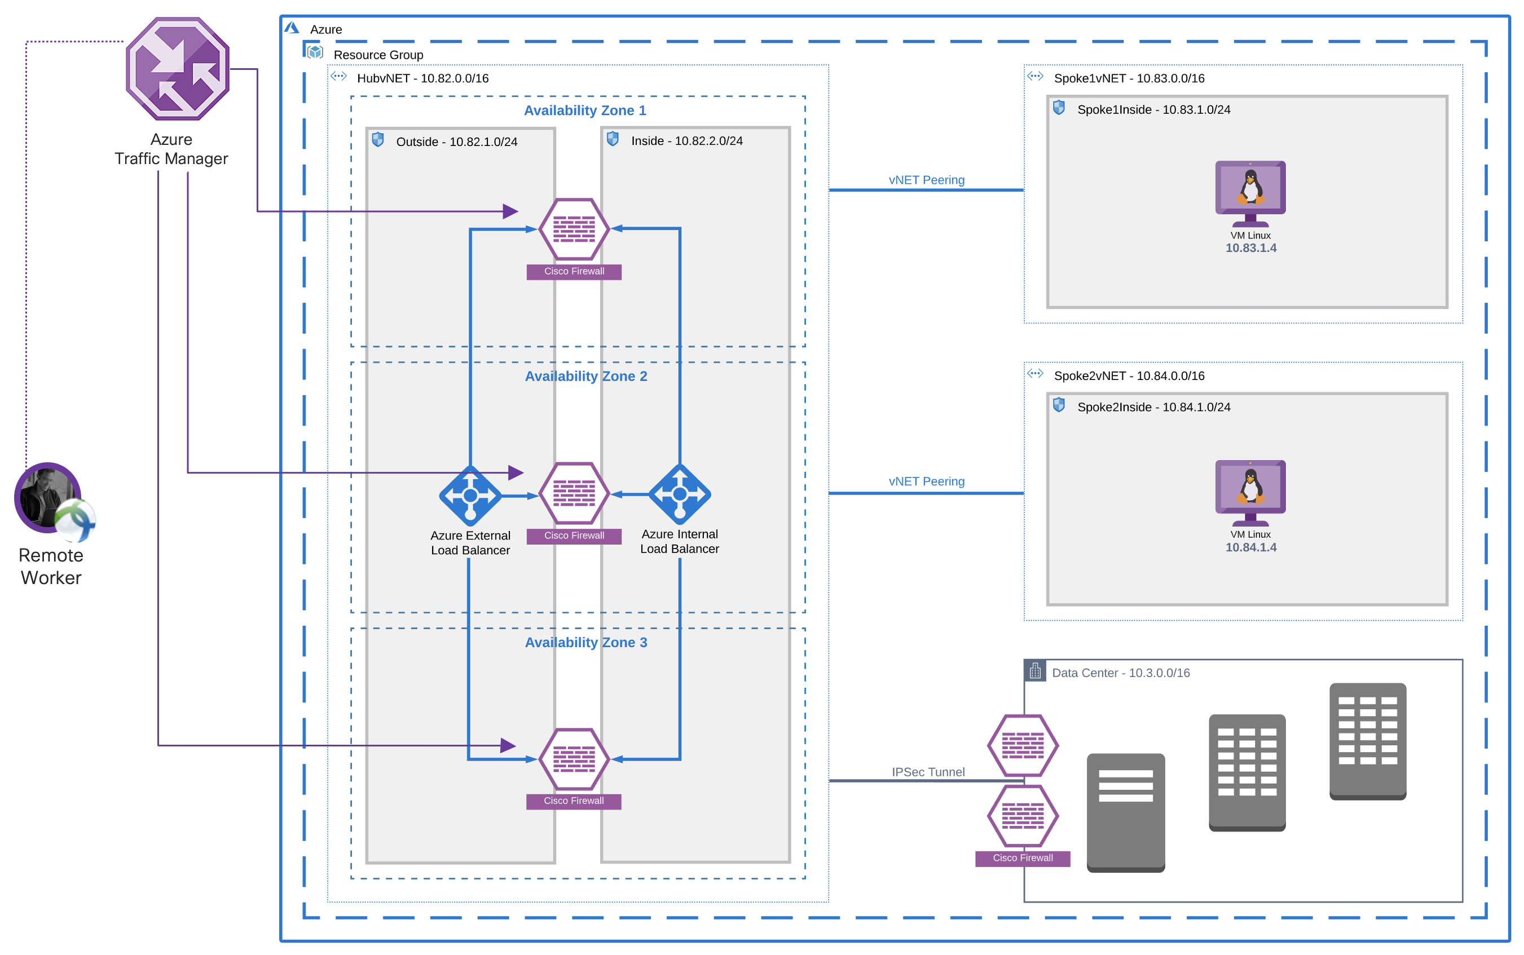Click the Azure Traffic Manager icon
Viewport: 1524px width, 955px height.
pos(177,69)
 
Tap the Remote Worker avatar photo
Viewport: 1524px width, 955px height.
pos(47,498)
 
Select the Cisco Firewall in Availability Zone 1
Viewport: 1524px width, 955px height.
pos(574,229)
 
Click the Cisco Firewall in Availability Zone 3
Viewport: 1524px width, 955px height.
pos(574,759)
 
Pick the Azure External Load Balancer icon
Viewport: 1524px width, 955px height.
pos(470,496)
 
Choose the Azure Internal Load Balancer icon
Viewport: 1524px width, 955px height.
pos(680,494)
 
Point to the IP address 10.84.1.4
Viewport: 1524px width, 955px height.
pos(1250,547)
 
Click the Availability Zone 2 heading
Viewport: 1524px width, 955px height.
pos(585,377)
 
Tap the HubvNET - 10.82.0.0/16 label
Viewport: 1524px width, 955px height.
pos(422,78)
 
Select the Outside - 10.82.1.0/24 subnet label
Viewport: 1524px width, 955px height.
pos(456,142)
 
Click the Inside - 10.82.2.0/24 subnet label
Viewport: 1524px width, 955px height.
pos(687,141)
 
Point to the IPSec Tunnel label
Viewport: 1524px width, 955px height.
pos(928,772)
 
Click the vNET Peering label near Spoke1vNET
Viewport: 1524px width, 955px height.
pos(926,180)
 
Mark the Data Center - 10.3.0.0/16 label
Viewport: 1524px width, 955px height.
pos(1120,673)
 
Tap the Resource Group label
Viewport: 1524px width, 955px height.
pos(378,55)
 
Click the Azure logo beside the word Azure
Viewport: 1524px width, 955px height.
pos(291,28)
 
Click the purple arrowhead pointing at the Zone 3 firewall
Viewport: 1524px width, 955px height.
pos(508,745)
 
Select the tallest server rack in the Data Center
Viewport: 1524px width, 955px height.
pos(1367,740)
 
